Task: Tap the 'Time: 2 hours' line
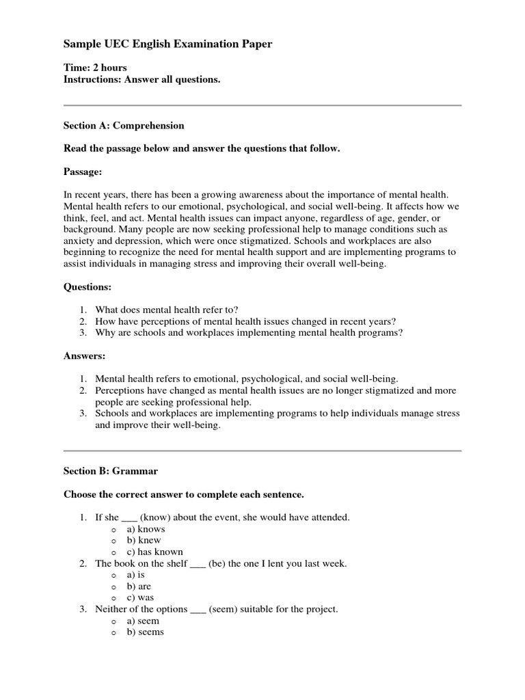pyautogui.click(x=95, y=68)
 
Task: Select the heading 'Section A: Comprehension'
pyautogui.click(x=124, y=126)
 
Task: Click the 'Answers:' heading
pyautogui.click(x=85, y=355)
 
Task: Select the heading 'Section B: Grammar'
pyautogui.click(x=111, y=471)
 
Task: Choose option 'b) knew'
pyautogui.click(x=146, y=540)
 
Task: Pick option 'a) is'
pyautogui.click(x=141, y=575)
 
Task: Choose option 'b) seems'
pyautogui.click(x=148, y=632)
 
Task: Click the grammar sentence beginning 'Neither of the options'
pyautogui.click(x=216, y=609)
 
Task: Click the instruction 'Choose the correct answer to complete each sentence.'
pyautogui.click(x=183, y=494)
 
